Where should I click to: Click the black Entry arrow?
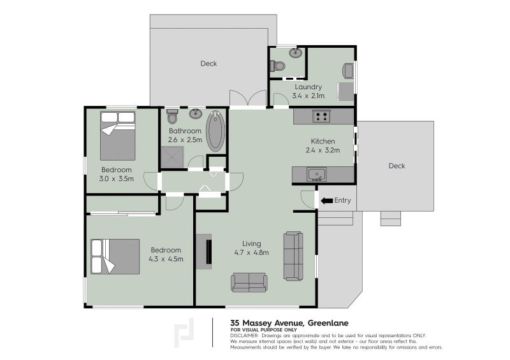click(326, 201)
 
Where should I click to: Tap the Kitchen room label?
click(323, 141)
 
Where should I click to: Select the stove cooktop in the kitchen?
click(321, 116)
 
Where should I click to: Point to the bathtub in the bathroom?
click(215, 131)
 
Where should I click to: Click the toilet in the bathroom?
click(172, 117)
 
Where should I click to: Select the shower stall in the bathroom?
click(172, 157)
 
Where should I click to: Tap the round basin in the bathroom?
click(196, 114)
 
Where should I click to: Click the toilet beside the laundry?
click(277, 66)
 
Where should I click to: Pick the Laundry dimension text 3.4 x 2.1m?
click(308, 96)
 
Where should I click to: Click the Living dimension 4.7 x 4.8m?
click(251, 252)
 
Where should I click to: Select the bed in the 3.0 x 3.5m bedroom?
click(118, 136)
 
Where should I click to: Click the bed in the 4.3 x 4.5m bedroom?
click(115, 257)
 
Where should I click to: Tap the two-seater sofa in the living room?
click(249, 283)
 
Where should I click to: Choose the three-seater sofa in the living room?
click(293, 256)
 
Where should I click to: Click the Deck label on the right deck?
click(397, 166)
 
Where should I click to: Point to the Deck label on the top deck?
click(208, 64)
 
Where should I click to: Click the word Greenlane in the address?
click(328, 323)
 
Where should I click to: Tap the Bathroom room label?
click(185, 131)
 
